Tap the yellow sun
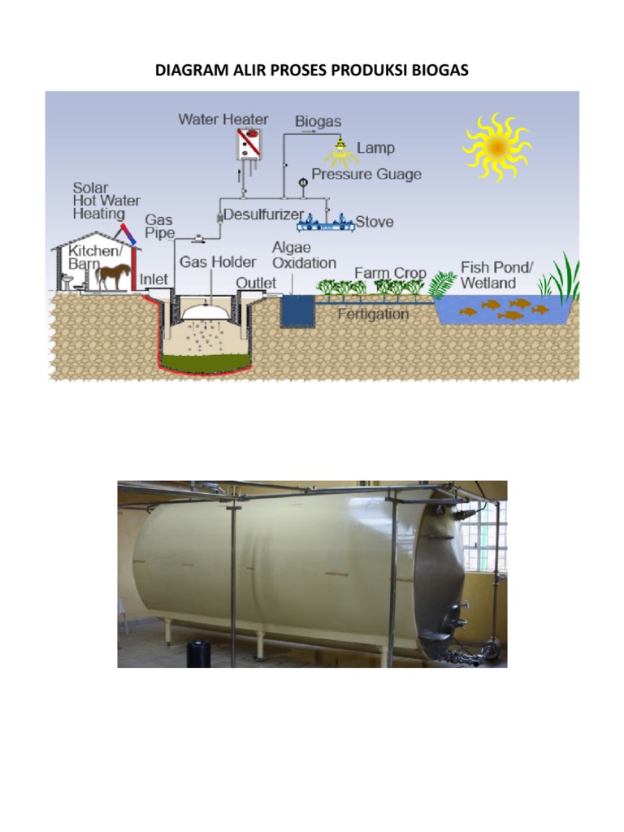click(x=496, y=146)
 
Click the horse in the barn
click(x=113, y=275)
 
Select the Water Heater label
click(x=223, y=119)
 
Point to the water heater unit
click(x=249, y=145)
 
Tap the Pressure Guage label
click(x=366, y=174)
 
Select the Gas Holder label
click(x=218, y=262)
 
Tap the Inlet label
click(x=154, y=279)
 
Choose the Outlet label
click(x=256, y=282)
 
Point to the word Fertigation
click(x=373, y=314)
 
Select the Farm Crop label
click(x=390, y=272)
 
